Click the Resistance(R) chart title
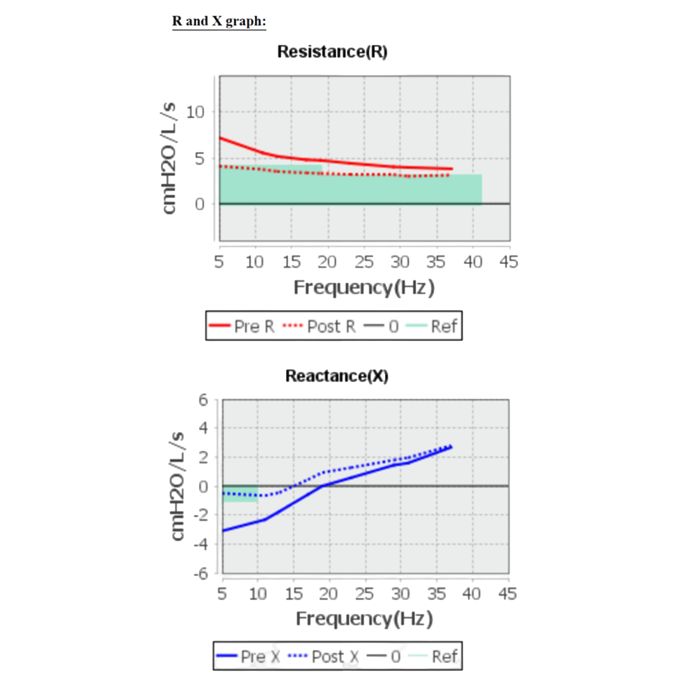[x=332, y=52]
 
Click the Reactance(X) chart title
[x=337, y=376]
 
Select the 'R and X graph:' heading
[x=219, y=22]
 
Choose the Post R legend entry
[x=320, y=327]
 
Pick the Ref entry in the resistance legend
[x=434, y=327]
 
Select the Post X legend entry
[x=323, y=657]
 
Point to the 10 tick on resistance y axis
[x=198, y=112]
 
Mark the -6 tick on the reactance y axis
[x=203, y=573]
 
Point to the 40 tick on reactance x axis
[x=471, y=594]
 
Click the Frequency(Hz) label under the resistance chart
[x=364, y=288]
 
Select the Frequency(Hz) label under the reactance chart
[x=364, y=618]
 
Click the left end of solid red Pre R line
[x=220, y=138]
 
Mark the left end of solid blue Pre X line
[x=223, y=530]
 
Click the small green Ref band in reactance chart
[x=240, y=493]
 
